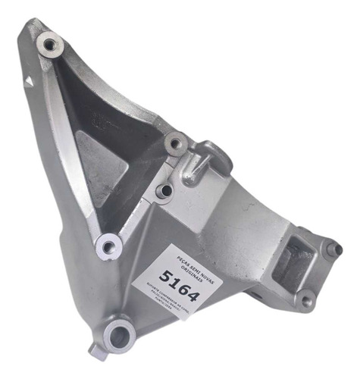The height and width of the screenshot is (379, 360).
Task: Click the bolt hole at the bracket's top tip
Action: point(51,45)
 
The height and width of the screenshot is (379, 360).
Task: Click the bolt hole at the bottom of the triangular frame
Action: point(109,245)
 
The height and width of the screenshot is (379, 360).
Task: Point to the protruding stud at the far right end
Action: point(334,249)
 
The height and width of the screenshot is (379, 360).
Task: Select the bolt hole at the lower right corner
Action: point(306,300)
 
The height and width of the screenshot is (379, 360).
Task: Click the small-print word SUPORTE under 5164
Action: point(168,291)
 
